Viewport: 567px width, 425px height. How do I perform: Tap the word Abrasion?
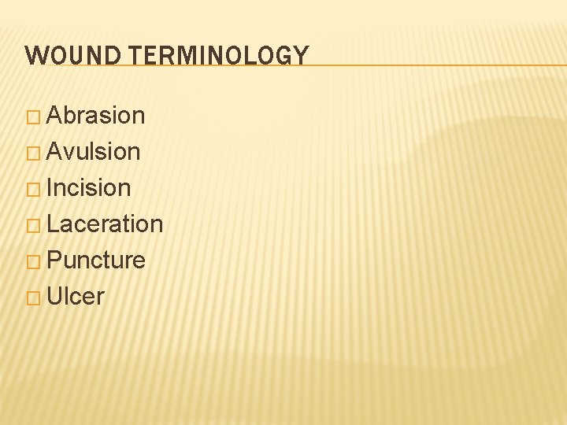click(96, 116)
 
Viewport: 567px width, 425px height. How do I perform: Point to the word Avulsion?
click(94, 152)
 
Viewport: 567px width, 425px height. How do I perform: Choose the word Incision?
click(89, 188)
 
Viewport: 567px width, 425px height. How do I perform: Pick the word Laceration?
click(105, 224)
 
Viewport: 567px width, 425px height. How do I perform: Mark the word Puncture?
click(96, 261)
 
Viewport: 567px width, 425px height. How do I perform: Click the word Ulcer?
click(76, 297)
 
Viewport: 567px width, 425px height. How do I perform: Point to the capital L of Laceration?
click(53, 224)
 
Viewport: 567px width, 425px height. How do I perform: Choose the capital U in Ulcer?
click(55, 297)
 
